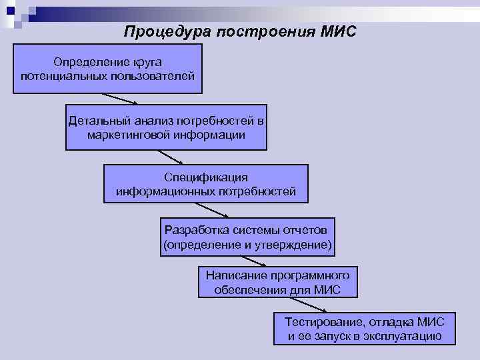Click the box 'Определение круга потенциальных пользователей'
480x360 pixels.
point(108,69)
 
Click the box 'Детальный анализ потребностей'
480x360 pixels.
point(166,127)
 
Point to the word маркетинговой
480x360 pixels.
point(127,135)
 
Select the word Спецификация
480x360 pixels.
point(206,177)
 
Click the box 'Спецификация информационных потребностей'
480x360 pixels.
point(206,184)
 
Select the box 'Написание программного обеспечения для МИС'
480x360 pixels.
point(278,282)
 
